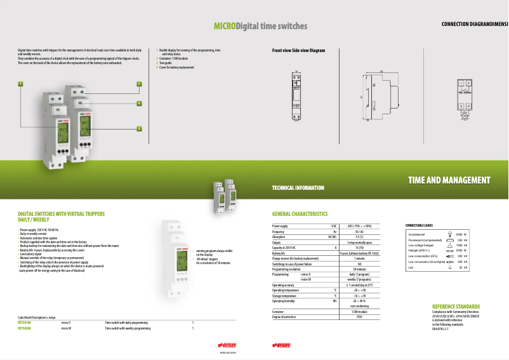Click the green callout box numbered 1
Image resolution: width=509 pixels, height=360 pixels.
[x=20, y=84]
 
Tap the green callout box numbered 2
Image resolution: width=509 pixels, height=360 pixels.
[x=139, y=84]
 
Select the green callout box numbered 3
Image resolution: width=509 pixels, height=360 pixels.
[x=139, y=128]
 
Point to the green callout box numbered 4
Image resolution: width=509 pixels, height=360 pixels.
[x=139, y=103]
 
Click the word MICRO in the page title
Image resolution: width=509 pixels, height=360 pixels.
[x=224, y=27]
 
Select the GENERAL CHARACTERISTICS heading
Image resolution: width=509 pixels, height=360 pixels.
[x=300, y=214]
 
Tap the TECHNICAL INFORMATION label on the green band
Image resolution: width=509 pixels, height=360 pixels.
[x=298, y=188]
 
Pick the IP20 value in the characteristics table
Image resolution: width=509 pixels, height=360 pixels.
[x=359, y=316]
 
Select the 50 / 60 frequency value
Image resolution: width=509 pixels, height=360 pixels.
[x=359, y=232]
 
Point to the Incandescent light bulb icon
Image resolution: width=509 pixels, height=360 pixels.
[x=450, y=234]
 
